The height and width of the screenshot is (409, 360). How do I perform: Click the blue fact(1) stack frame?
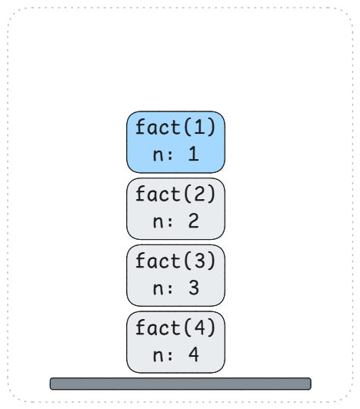175,142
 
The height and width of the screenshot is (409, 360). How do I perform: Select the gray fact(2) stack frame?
175,208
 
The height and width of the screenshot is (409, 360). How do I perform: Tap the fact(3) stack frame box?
175,275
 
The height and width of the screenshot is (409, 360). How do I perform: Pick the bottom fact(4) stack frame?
175,342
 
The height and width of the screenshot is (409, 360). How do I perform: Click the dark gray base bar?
181,384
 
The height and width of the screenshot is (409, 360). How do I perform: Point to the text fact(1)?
175,127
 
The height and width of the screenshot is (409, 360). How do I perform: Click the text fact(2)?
175,194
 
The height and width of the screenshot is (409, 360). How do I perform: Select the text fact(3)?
175,261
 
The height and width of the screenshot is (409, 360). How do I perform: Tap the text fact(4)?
175,328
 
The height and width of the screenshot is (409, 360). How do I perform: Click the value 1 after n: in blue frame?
194,154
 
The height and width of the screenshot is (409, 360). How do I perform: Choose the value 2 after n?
194,221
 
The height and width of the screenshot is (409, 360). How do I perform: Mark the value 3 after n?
194,288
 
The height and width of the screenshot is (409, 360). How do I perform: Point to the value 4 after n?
194,354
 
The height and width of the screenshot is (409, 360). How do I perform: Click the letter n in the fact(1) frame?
158,155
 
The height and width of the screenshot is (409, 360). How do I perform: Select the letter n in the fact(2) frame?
158,222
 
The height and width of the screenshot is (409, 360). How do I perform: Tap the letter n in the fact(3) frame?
158,289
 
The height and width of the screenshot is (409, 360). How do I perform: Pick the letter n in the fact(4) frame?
158,356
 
